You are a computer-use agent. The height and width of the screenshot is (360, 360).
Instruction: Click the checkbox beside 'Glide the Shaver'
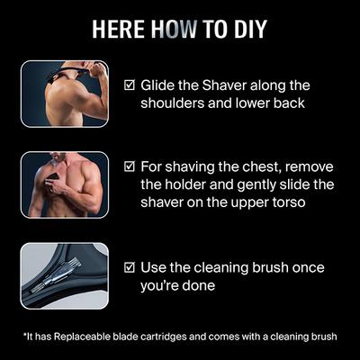click(x=130, y=85)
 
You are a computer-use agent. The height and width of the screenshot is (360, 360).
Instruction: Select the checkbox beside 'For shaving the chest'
click(x=130, y=166)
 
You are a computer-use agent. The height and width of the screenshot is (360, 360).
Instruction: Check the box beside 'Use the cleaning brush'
click(x=130, y=268)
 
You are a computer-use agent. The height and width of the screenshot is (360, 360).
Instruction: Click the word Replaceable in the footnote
click(x=84, y=337)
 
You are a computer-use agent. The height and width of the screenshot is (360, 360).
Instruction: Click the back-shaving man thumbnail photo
click(x=77, y=94)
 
